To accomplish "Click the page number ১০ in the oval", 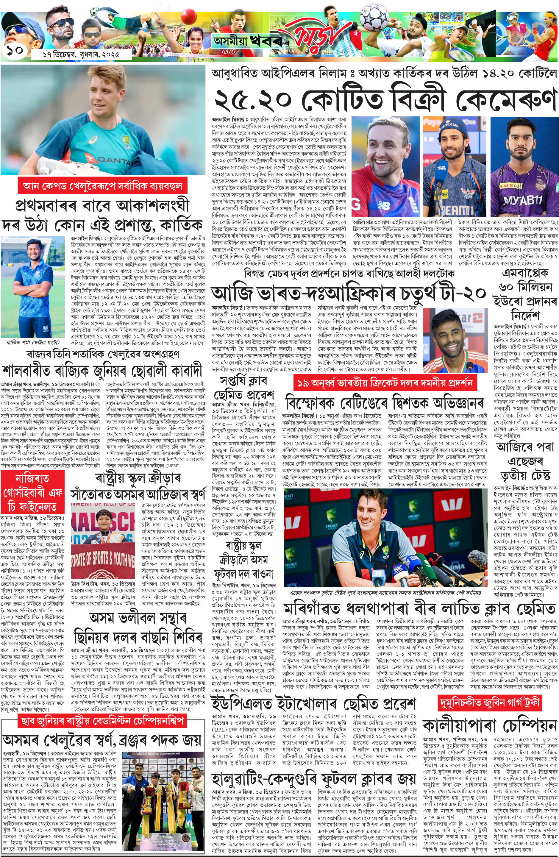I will click(x=14, y=50).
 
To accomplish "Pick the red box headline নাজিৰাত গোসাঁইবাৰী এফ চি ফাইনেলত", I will click(x=33, y=493).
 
